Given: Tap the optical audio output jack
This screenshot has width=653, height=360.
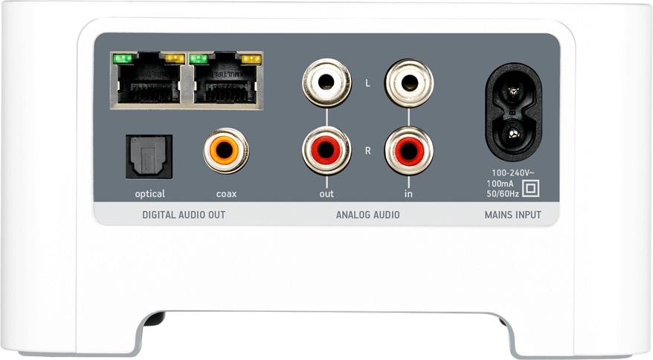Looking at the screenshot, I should (x=149, y=156).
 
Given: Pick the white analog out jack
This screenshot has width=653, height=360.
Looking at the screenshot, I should (x=326, y=83).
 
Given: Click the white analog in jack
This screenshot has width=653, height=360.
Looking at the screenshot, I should (x=408, y=83).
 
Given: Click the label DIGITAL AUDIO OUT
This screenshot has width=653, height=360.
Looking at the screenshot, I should (x=184, y=215).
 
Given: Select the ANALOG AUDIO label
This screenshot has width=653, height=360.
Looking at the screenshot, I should (x=367, y=215).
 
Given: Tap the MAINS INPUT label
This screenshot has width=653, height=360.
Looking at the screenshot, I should (x=512, y=215).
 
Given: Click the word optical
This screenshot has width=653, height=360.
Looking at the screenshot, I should (x=149, y=194).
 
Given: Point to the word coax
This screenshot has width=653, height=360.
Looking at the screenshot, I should (x=226, y=194).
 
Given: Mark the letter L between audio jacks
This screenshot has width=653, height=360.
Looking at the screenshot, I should (x=367, y=83).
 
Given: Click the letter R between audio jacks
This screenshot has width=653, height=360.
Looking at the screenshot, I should (x=367, y=150).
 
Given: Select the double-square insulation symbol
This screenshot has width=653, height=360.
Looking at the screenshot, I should (x=530, y=187).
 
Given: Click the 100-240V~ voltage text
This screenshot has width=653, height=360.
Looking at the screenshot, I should (x=512, y=172).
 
